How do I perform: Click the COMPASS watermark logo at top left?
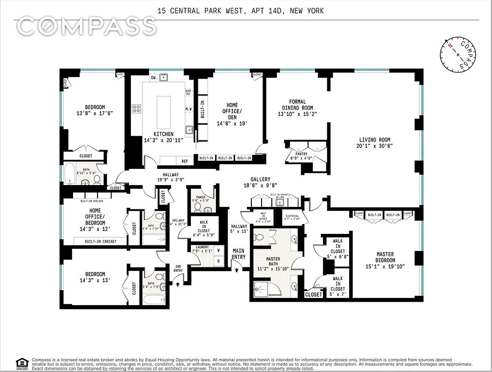[86, 27]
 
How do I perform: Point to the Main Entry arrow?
[237, 269]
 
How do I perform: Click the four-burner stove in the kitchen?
[137, 109]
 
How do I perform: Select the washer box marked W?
[218, 250]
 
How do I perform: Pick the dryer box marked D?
[218, 261]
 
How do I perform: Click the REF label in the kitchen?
[185, 161]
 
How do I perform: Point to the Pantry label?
[295, 153]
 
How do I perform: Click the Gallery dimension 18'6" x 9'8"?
[260, 186]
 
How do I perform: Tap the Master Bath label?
[273, 259]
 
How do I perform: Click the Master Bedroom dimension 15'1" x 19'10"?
[385, 266]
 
